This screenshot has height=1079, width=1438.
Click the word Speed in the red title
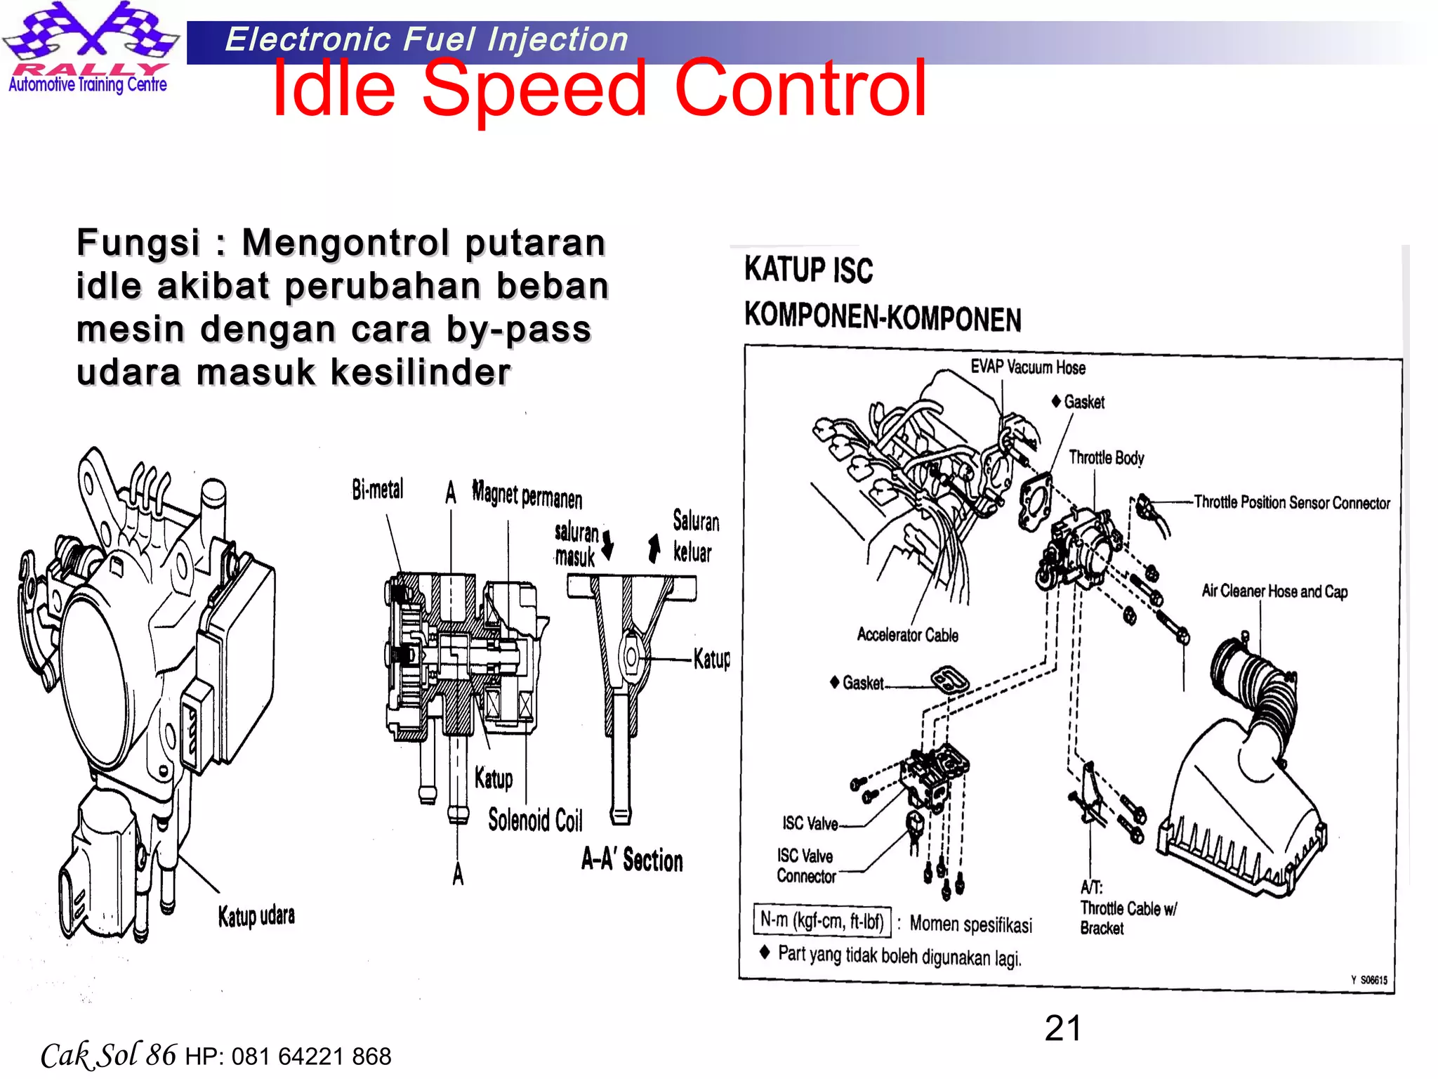tap(533, 90)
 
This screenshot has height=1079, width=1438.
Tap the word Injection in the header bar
tap(558, 39)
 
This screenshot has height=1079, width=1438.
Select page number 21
tap(1062, 1028)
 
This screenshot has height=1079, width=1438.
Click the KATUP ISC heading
tap(808, 270)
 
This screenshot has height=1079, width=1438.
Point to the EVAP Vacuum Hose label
tap(1027, 367)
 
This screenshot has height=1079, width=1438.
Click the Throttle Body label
tap(1106, 458)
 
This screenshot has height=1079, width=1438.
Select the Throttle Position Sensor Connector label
tap(1291, 503)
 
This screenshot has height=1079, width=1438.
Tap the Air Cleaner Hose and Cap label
tap(1274, 591)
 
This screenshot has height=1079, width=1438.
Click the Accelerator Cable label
tap(907, 635)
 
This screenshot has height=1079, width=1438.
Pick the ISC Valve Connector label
tap(806, 866)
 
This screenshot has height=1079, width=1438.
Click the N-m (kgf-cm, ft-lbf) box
tap(822, 921)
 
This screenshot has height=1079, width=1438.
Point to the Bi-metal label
tap(378, 490)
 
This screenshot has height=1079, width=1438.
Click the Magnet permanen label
tap(527, 495)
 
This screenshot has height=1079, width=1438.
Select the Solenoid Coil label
tap(535, 820)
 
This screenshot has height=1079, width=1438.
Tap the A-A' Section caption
tap(632, 861)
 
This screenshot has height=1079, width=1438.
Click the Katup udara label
tap(256, 916)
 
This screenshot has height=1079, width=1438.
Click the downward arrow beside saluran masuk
tap(608, 544)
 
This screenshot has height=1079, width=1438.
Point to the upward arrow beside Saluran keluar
tap(654, 548)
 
